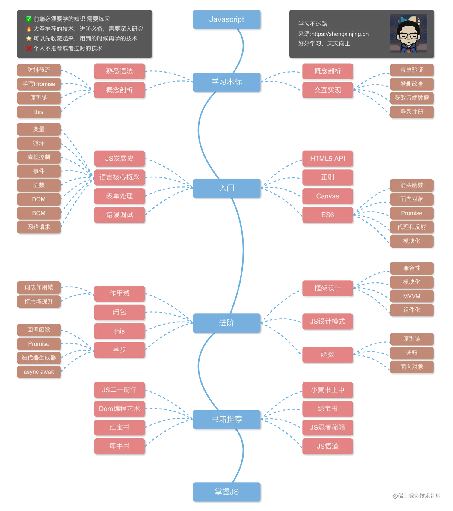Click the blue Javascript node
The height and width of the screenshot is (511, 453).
(x=226, y=19)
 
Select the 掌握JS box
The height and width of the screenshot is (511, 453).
(x=226, y=492)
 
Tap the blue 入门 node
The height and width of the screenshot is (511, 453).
(x=226, y=188)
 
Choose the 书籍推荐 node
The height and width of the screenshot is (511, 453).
(x=226, y=419)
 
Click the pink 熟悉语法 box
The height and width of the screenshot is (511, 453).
(x=119, y=71)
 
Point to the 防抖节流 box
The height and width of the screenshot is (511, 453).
(x=38, y=70)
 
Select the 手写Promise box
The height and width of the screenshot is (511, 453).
(x=38, y=84)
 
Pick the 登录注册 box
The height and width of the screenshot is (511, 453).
(x=411, y=112)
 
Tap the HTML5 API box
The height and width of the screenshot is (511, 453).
(x=327, y=158)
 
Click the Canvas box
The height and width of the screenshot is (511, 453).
(x=327, y=196)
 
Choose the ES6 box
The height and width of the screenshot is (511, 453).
(x=327, y=215)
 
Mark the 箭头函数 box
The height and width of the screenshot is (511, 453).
(x=411, y=185)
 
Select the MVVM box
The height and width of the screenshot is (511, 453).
(x=411, y=296)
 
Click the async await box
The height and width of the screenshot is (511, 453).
(x=38, y=372)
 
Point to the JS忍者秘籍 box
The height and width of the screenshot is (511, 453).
(x=327, y=427)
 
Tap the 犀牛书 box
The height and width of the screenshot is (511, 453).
(x=119, y=446)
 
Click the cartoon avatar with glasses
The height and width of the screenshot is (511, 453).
(x=408, y=34)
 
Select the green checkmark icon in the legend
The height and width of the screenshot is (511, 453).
(x=29, y=19)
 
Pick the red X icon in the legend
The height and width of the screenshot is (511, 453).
(x=29, y=48)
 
